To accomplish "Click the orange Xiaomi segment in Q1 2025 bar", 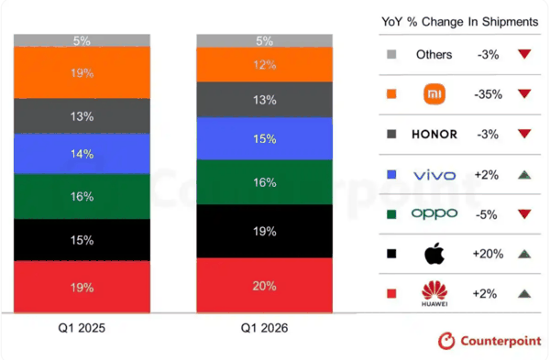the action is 82,72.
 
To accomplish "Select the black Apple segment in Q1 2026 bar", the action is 265,231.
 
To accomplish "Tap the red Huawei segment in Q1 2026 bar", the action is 265,285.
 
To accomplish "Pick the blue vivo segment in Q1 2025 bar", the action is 82,154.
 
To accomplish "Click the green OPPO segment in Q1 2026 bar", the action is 265,182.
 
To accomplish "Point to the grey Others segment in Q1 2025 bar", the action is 82,40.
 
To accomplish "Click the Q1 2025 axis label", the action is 82,328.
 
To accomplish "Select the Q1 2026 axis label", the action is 264,328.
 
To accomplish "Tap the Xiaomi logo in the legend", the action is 434,94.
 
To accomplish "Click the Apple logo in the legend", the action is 434,253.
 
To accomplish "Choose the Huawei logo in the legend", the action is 434,294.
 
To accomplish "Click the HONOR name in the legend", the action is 434,135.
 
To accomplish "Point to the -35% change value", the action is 488,94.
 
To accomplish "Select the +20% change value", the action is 488,254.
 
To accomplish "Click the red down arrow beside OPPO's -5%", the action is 524,213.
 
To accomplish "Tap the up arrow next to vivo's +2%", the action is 524,175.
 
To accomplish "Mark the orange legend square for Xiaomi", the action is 391,94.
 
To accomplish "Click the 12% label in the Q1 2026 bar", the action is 265,65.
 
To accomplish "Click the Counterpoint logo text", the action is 500,341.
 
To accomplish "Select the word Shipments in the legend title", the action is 510,22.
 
